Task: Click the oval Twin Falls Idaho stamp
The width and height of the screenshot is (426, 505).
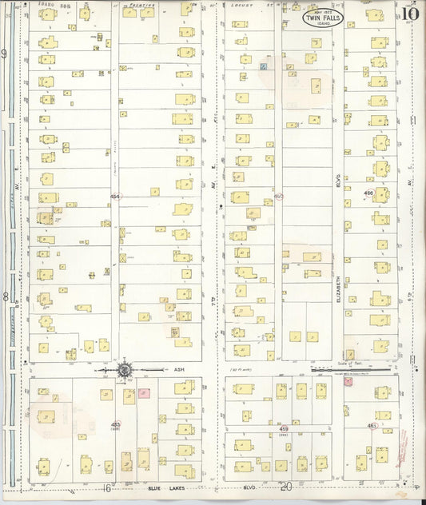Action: coord(323,18)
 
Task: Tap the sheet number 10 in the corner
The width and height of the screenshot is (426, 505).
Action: coord(410,14)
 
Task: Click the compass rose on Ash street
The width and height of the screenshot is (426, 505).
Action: coord(125,370)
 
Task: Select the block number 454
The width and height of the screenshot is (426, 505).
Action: coord(115,196)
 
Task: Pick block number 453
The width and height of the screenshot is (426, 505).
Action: coord(116,424)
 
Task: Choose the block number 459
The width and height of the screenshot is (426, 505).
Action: coord(283,429)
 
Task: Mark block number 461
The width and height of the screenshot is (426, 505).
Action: coord(372,426)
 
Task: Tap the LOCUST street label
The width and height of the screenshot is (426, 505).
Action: coord(240,4)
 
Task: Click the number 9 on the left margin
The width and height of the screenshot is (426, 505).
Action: coord(5,54)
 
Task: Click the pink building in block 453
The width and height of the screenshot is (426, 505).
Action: coord(145,393)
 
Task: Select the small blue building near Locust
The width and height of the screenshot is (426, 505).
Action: coord(262,68)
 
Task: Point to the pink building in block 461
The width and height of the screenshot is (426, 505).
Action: coord(348,382)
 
